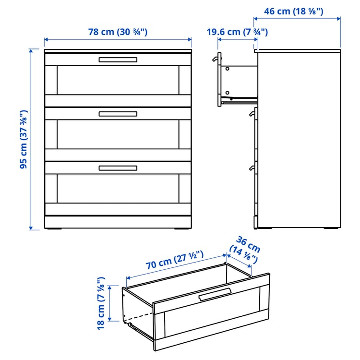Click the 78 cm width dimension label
[x=118, y=32]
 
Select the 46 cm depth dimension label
[x=294, y=11]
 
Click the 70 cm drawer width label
[x=175, y=264]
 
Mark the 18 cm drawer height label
[x=100, y=302]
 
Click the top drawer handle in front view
[x=118, y=60]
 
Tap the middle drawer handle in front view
[x=118, y=114]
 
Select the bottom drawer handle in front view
[x=118, y=168]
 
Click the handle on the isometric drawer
[x=215, y=295]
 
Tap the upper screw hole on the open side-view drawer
[x=228, y=69]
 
